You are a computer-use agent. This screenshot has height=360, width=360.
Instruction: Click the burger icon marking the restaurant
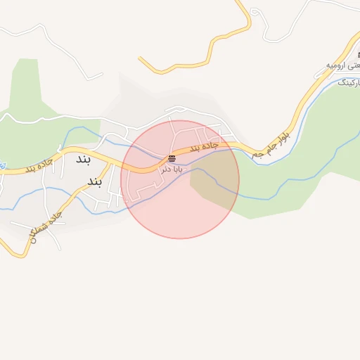coord(172,157)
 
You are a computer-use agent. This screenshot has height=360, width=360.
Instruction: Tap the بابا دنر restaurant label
coord(172,169)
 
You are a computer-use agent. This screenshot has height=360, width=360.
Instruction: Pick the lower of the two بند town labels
coord(95,183)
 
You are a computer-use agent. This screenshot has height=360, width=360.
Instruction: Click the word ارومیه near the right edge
coord(337,65)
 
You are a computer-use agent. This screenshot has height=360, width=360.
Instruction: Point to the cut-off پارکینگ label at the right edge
coord(349,83)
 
